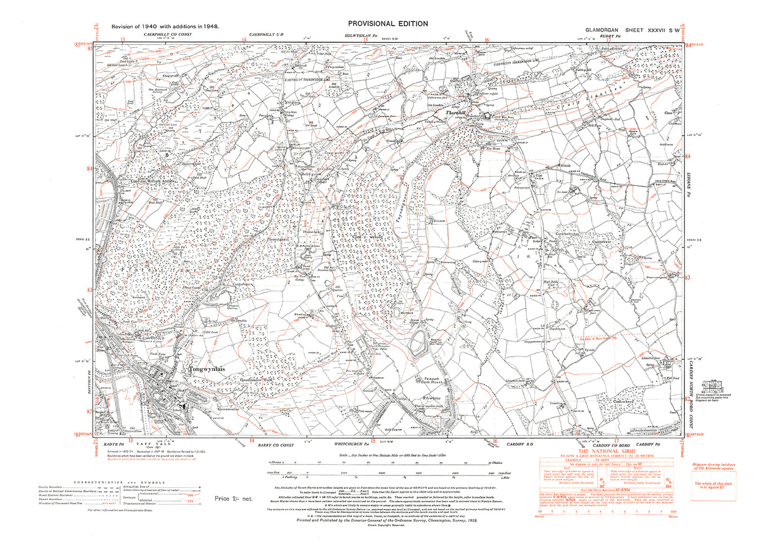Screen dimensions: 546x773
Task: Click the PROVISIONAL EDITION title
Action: tap(388, 24)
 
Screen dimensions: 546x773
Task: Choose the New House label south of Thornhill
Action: tap(493, 149)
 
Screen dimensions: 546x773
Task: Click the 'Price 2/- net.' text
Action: tap(233, 498)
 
